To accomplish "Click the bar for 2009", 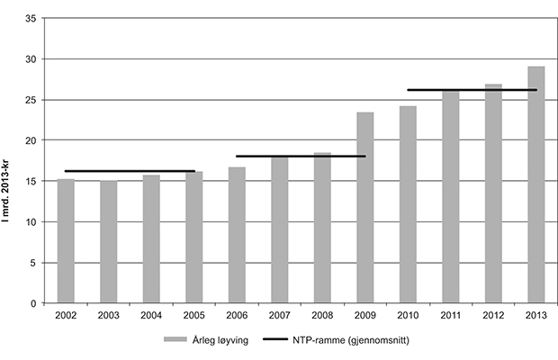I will coord(364,208).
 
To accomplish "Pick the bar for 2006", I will coord(236,235).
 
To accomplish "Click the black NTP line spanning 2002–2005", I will coord(130,171).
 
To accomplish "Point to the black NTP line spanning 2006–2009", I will coord(301,156).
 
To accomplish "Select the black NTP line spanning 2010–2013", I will coord(472,90).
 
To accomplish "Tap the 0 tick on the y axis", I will coord(33,304).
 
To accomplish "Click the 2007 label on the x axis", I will coord(279,316).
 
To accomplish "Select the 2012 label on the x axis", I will coord(493,316).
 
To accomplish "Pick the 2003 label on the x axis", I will coord(108,316).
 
